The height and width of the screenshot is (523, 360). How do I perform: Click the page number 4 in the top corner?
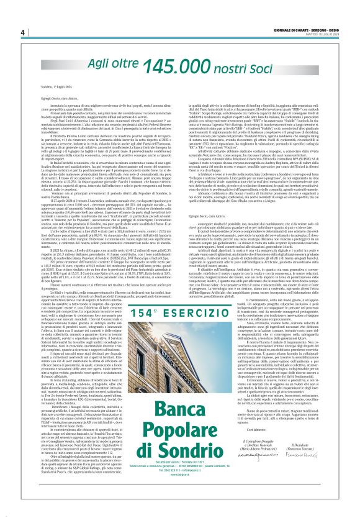pos(22,32)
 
